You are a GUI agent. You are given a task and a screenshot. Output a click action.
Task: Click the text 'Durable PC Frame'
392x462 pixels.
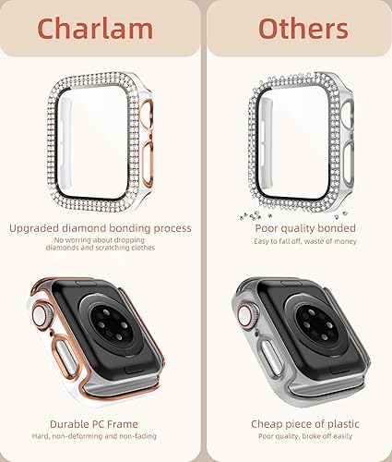tap(100, 424)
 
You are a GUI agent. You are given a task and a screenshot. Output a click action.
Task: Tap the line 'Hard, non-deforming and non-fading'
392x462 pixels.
tap(100, 438)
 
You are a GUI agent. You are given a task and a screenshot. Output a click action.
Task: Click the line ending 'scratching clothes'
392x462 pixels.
tap(100, 249)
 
